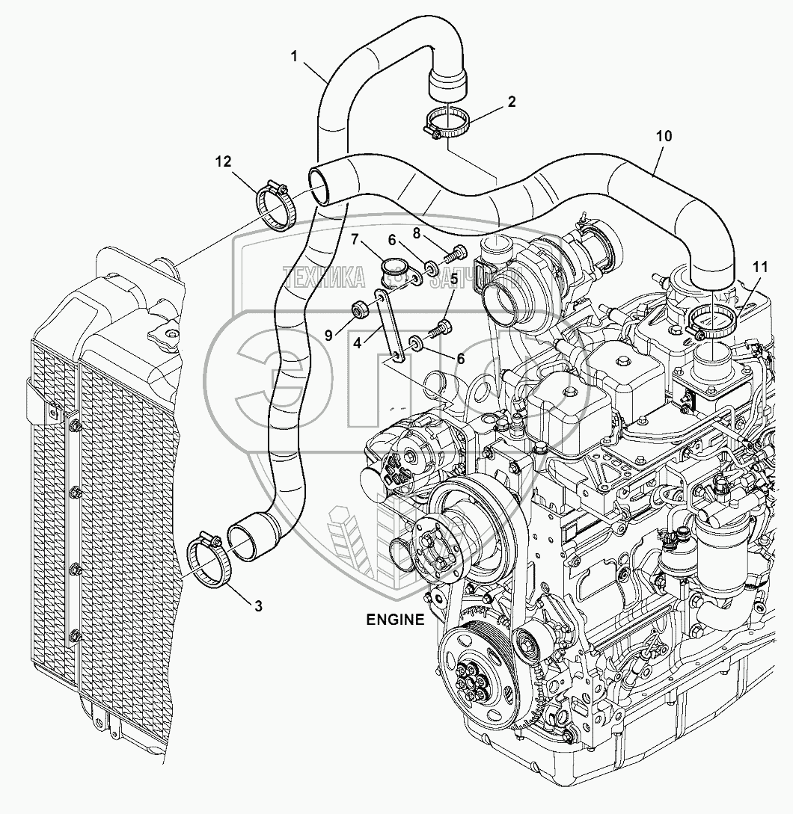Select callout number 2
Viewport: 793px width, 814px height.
click(x=511, y=102)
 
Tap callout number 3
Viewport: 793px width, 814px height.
click(x=257, y=606)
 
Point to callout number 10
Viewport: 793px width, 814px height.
click(x=664, y=136)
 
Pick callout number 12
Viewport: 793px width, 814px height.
click(x=224, y=161)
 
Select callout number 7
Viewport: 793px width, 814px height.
click(x=357, y=239)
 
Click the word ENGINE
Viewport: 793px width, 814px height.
click(x=394, y=619)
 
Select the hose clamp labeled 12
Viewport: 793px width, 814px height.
click(x=277, y=207)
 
